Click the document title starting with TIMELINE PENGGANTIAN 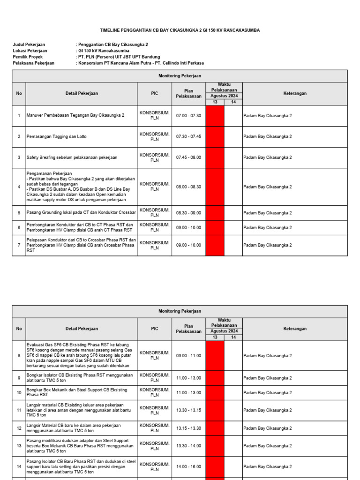pos(180,30)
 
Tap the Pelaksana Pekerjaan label pos(33,63)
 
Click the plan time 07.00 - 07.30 pos(188,115)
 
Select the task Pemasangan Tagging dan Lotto pos(57,136)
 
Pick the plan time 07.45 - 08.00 pos(188,157)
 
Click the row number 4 pos(19,187)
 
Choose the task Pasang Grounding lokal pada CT pos(81,213)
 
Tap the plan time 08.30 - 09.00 pos(188,213)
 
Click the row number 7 pos(19,245)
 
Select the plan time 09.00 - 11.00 pos(188,356)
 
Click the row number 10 pos(19,392)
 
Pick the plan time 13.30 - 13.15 pos(188,410)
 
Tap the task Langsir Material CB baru pos(74,428)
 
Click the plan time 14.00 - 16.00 pos(188,467)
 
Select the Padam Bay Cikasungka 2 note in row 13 pos(267,446)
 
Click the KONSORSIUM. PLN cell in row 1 pos(154,115)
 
